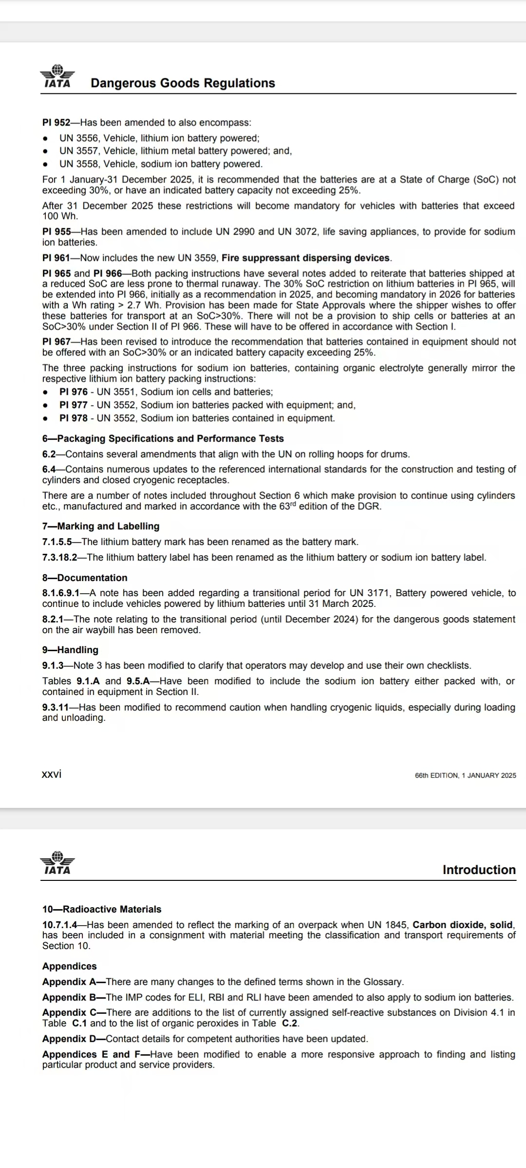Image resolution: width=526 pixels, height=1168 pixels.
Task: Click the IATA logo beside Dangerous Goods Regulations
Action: [x=57, y=76]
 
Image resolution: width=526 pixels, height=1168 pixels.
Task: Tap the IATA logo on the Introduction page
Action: [x=57, y=863]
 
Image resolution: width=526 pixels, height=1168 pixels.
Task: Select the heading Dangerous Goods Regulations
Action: [x=183, y=83]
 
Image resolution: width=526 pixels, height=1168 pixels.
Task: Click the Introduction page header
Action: [x=479, y=870]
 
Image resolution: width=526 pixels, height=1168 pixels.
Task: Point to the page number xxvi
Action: [x=52, y=774]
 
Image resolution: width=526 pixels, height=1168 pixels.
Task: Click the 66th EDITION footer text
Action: [x=465, y=775]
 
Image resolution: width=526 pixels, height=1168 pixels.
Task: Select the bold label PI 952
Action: [x=56, y=123]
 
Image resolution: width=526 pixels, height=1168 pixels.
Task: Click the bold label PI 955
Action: [x=56, y=232]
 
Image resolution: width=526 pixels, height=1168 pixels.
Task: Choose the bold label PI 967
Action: [x=56, y=342]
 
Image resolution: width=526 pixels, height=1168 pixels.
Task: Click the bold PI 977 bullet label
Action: [x=74, y=405]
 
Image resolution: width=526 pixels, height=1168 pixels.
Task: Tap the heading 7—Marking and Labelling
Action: [x=101, y=526]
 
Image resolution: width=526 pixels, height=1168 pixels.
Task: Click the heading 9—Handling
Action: [x=70, y=650]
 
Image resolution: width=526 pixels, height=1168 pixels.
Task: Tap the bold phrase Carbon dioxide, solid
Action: [x=463, y=925]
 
